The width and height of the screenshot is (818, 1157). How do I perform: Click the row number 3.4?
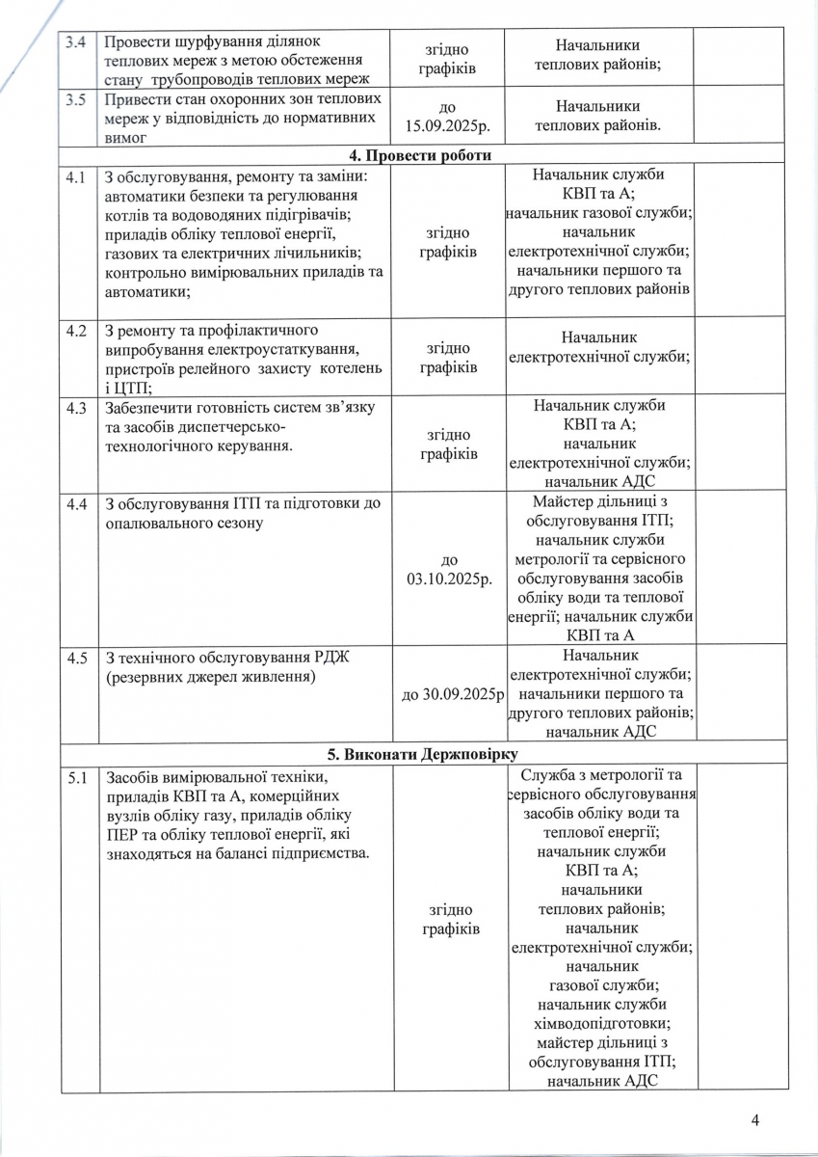tap(74, 42)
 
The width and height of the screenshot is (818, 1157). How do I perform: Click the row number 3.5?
tap(74, 98)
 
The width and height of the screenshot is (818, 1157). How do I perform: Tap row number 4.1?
tap(75, 177)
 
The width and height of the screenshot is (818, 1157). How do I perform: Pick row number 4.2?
tap(75, 331)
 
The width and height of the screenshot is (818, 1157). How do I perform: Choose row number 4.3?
tap(75, 407)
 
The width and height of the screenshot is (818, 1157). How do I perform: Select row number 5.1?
tap(75, 776)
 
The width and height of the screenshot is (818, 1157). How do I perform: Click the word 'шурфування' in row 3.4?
tap(210, 42)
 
